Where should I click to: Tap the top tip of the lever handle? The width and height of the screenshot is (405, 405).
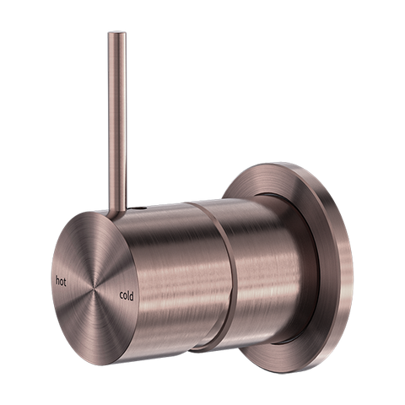tap(112, 35)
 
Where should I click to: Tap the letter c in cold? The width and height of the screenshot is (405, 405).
tap(120, 295)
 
